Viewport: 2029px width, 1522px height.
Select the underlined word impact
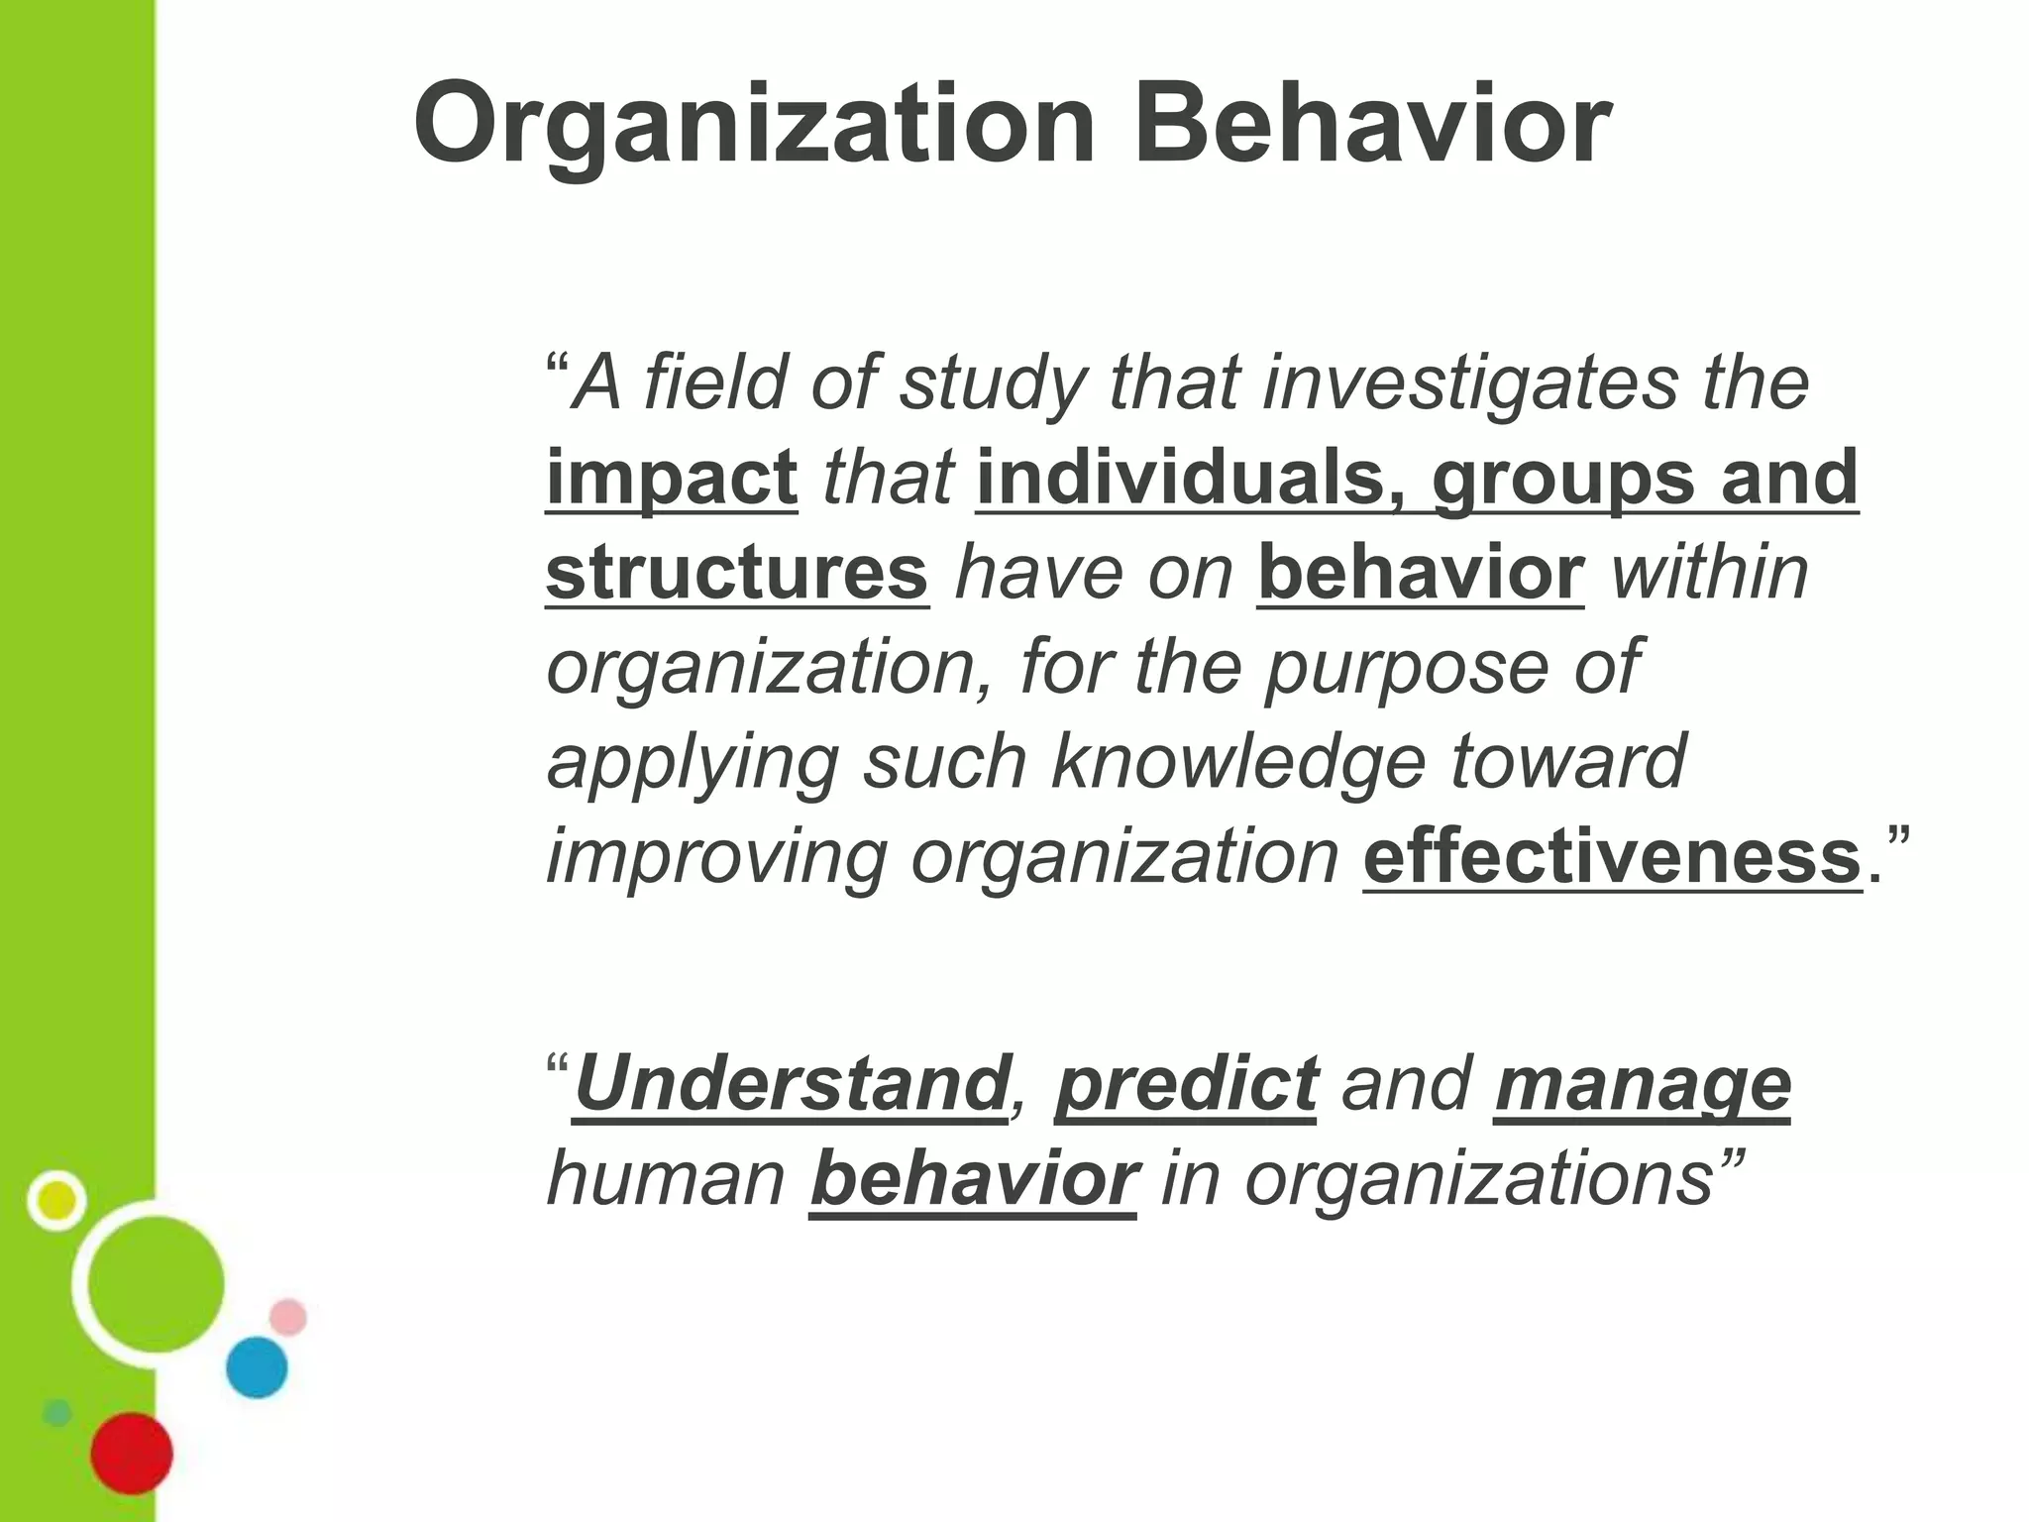(x=672, y=478)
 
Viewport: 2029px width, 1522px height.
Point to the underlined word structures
(x=737, y=573)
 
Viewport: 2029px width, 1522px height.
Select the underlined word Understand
(x=791, y=1084)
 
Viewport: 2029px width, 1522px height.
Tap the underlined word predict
(x=1186, y=1084)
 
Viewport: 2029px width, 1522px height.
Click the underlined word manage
(x=1643, y=1084)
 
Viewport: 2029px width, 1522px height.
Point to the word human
(x=666, y=1179)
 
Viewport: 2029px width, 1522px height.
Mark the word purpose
(x=1406, y=668)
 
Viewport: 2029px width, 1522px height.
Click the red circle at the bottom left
(x=132, y=1454)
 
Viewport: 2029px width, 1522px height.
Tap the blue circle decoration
(x=257, y=1367)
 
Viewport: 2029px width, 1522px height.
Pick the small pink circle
(x=288, y=1317)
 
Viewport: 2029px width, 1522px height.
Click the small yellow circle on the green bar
(x=57, y=1201)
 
